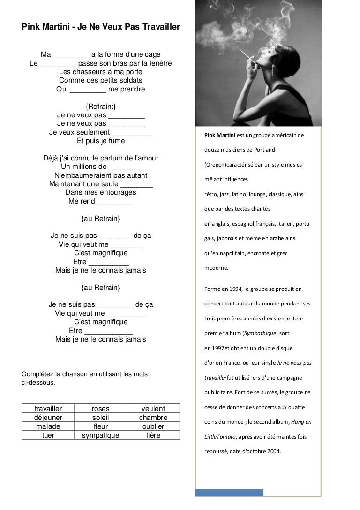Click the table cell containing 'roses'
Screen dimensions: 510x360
pos(101,409)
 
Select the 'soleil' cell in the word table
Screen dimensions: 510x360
pos(101,418)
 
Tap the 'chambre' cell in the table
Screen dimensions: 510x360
pos(153,418)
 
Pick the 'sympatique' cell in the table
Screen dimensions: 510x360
pos(101,435)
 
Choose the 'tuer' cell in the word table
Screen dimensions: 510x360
pos(48,435)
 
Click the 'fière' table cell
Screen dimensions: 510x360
pos(153,435)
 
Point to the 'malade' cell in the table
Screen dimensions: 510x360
pos(48,426)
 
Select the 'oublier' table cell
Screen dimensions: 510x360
pos(153,426)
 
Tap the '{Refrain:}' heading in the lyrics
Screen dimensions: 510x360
pos(101,106)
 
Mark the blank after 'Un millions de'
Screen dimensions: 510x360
pos(125,167)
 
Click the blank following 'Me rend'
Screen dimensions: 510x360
pos(115,202)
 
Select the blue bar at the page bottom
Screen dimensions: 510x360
pos(229,492)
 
